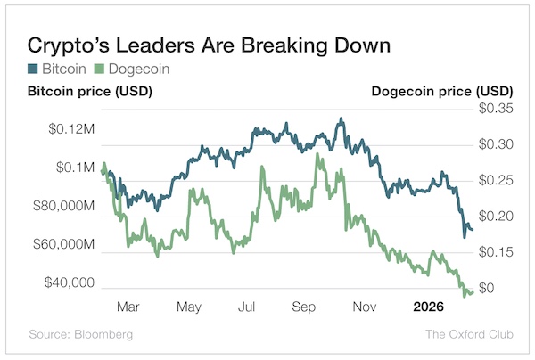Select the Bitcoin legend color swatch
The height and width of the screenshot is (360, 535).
(x=33, y=68)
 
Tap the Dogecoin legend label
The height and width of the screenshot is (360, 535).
(x=137, y=68)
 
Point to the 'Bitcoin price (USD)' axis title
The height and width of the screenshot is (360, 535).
(x=89, y=92)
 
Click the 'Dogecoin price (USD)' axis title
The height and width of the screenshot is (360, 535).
(x=441, y=92)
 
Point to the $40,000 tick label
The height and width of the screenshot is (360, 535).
(x=72, y=282)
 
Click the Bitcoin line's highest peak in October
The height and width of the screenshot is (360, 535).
(x=340, y=119)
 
